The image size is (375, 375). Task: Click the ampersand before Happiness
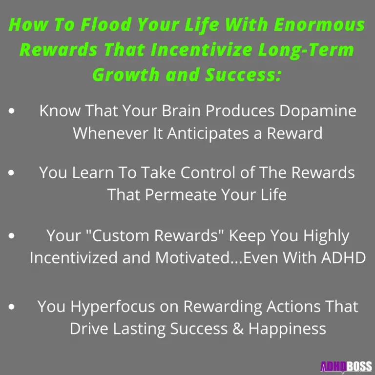237,329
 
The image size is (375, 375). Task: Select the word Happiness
287,329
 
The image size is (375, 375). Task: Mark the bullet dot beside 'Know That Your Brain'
11,111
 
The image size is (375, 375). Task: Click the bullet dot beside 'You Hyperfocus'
11,307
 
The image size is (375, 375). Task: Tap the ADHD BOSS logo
346,366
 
